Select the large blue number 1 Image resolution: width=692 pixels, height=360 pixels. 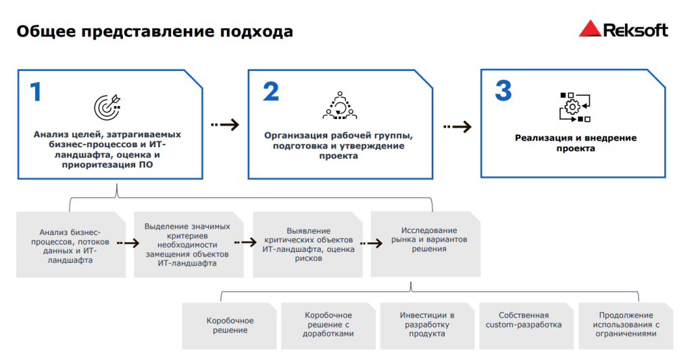coord(36,92)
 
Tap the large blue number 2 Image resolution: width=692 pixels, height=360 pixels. coord(270,92)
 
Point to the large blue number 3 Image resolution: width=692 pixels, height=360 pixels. coord(503,92)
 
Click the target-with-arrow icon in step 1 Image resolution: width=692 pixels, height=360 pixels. coord(107,105)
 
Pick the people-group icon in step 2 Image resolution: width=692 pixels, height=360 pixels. coord(339,105)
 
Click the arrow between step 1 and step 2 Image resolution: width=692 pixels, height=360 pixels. coord(225,124)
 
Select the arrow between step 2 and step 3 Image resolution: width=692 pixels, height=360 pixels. coord(458,126)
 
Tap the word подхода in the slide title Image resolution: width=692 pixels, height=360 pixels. coord(260,32)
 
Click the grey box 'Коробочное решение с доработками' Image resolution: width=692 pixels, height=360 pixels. coord(328,325)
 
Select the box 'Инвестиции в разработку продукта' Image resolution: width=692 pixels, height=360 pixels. coord(426,325)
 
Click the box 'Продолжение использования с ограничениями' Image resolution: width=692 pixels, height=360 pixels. coord(626,325)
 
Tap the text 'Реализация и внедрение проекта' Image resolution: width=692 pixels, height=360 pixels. coord(575,143)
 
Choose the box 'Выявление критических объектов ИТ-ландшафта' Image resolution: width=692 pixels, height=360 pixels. coord(307,244)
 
